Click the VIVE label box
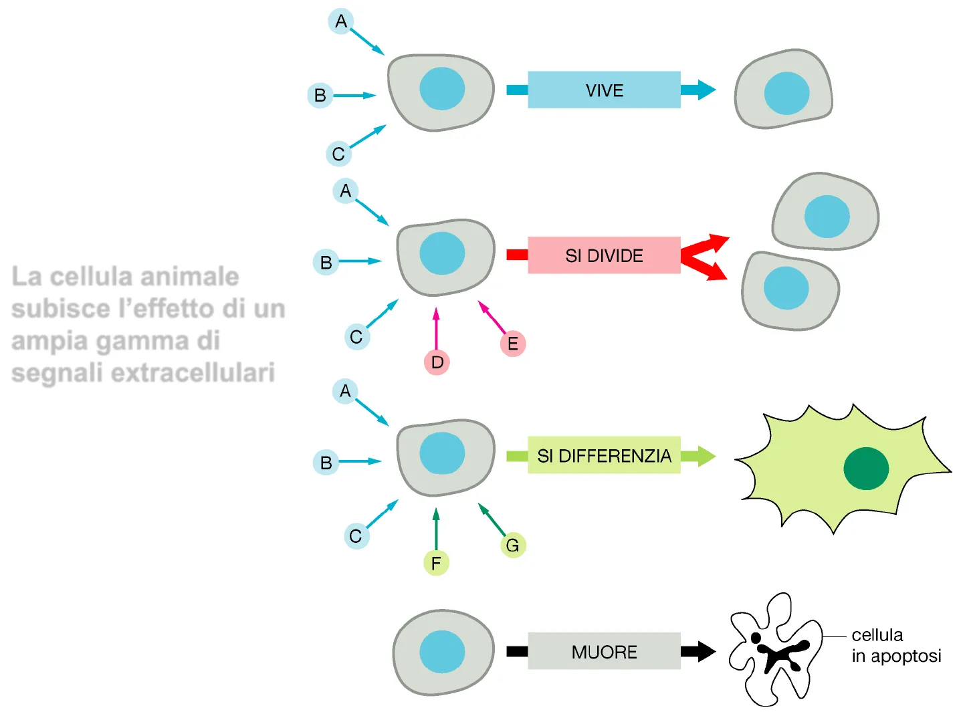[x=604, y=90]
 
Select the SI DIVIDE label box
[x=604, y=255]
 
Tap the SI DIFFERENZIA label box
[x=604, y=455]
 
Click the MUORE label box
[x=604, y=651]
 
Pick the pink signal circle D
[x=437, y=362]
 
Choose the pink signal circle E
[x=513, y=344]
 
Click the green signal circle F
[x=436, y=563]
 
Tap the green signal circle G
[x=513, y=546]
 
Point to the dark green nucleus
[x=866, y=468]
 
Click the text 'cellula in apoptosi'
[x=896, y=645]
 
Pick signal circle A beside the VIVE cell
[x=341, y=21]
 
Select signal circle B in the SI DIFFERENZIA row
[x=326, y=462]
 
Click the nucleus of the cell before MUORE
[x=442, y=652]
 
